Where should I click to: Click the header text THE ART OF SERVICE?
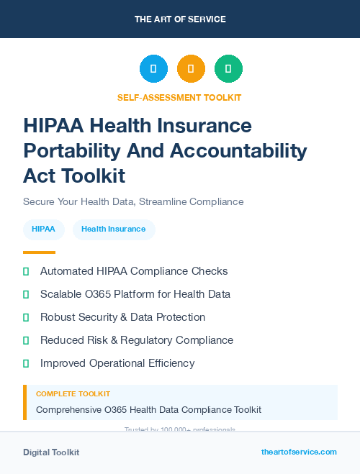coord(180,19)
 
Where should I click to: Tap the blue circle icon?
coord(153,69)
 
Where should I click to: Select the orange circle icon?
coord(191,69)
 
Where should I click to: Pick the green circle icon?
coord(228,69)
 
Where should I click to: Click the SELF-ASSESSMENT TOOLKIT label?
coord(179,97)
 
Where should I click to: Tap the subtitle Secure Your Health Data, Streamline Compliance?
coord(133,201)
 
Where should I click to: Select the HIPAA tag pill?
coord(44,229)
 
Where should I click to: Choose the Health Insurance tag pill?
coord(114,229)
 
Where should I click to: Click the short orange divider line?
coord(39,252)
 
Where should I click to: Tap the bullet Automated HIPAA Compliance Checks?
coord(134,271)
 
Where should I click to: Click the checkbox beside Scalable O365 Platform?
coord(26,294)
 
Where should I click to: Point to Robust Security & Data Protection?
coord(122,317)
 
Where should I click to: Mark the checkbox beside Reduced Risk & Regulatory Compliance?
coord(26,340)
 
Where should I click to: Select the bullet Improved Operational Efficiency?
coord(117,363)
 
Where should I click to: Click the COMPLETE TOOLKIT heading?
coord(73,394)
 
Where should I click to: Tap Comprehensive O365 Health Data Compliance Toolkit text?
coord(148,409)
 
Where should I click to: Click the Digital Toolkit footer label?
coord(51,452)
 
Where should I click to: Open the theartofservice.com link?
coord(299,452)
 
